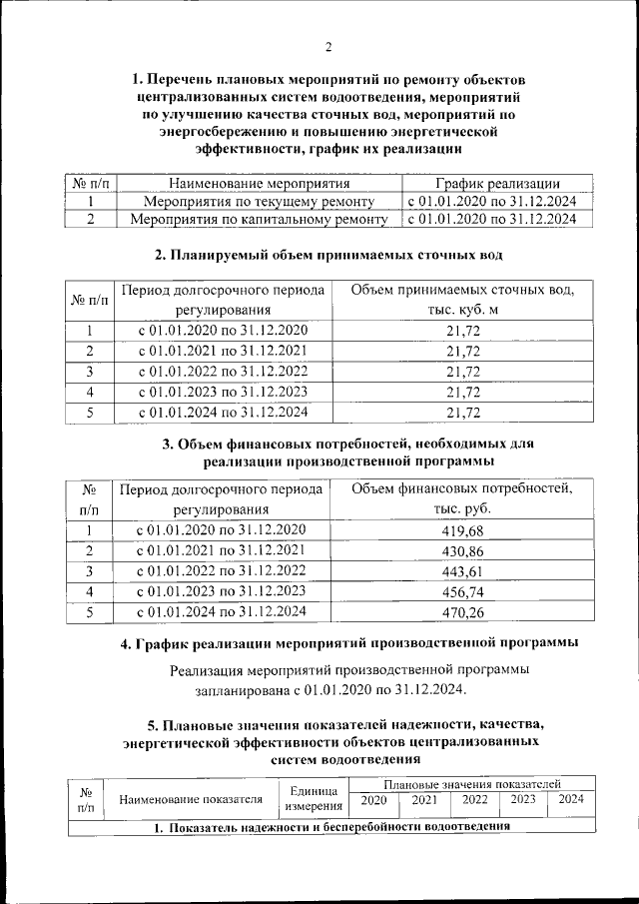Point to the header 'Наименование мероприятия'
(259, 184)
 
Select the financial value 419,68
(462, 531)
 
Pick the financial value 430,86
(462, 551)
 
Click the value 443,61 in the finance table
(462, 571)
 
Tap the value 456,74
(462, 591)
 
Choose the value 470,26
(462, 612)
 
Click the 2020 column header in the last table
(373, 799)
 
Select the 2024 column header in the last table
(571, 799)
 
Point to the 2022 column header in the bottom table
(474, 799)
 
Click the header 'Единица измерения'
(315, 797)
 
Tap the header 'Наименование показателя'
(191, 798)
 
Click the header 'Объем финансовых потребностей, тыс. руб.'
(462, 499)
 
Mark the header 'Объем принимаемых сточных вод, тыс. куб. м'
(462, 300)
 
